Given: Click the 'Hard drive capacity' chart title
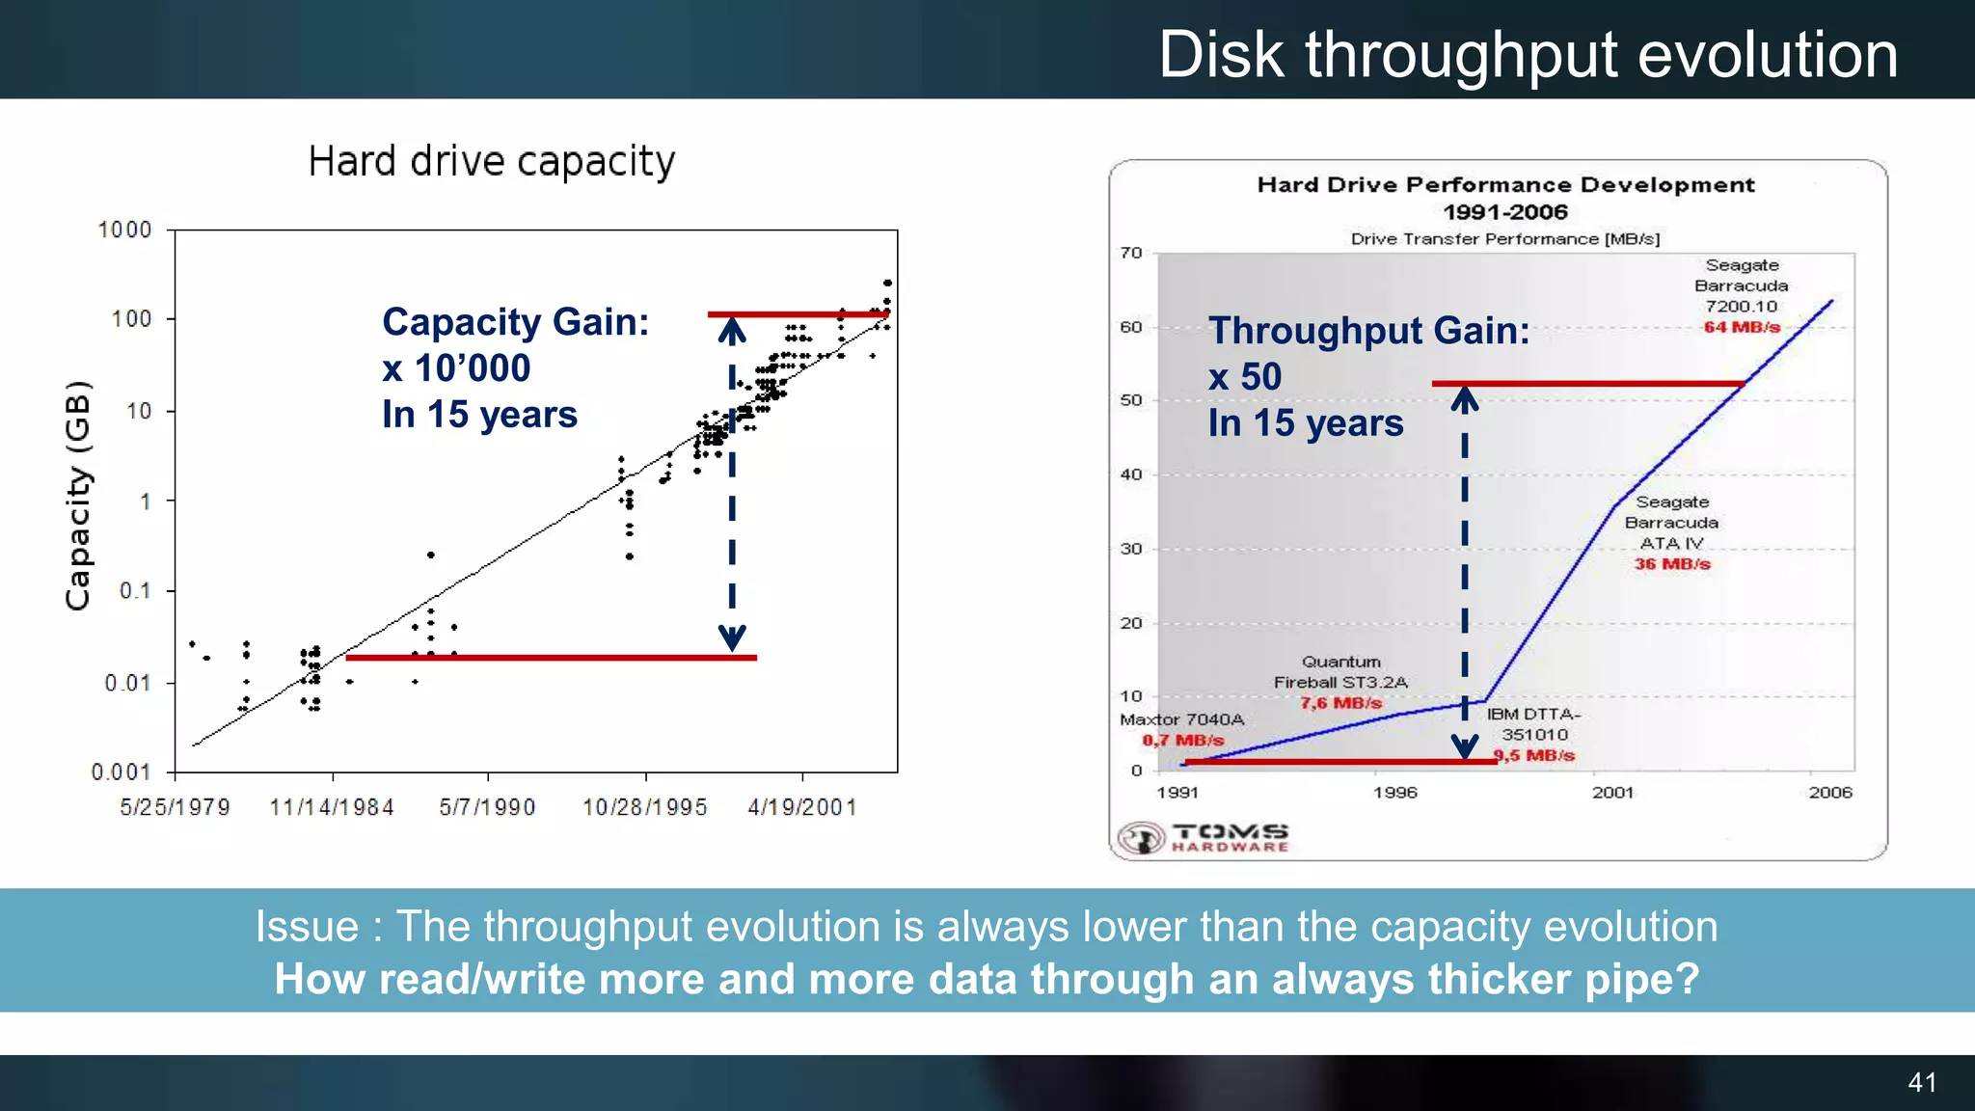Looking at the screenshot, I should [491, 161].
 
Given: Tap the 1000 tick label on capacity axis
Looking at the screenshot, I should [124, 230].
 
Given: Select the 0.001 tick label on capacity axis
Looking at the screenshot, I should [121, 772].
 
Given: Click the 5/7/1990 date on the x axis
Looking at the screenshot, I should [487, 807].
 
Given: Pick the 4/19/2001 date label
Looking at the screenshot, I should [802, 807].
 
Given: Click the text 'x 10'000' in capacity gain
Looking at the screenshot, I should [456, 367].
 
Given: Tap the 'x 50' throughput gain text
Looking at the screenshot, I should [1245, 376].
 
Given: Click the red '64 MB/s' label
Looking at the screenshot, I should [1742, 327].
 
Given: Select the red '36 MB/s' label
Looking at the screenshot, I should [1672, 564].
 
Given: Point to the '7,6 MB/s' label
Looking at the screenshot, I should [1340, 703].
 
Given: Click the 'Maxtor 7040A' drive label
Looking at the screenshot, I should [1181, 719].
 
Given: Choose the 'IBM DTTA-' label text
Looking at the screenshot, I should [1533, 715].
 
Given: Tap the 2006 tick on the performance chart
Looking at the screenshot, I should [1830, 793].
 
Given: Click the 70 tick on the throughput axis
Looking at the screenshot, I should [1131, 253].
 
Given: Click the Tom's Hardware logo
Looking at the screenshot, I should [1204, 837].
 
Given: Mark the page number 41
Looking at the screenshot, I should [1922, 1082].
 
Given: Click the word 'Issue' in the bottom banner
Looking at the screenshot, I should [307, 927].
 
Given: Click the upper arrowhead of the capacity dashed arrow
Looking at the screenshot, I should [732, 332].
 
